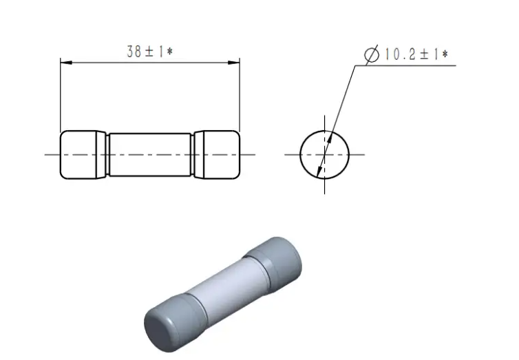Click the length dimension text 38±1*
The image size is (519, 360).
click(149, 52)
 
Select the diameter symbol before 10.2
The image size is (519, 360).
click(372, 54)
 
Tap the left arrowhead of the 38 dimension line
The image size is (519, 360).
click(65, 63)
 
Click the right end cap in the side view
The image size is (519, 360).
click(218, 154)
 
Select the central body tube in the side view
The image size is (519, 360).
click(150, 154)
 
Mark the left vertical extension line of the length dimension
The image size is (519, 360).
click(61, 96)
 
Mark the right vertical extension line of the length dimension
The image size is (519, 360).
click(240, 96)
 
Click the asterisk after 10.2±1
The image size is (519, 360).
click(445, 54)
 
